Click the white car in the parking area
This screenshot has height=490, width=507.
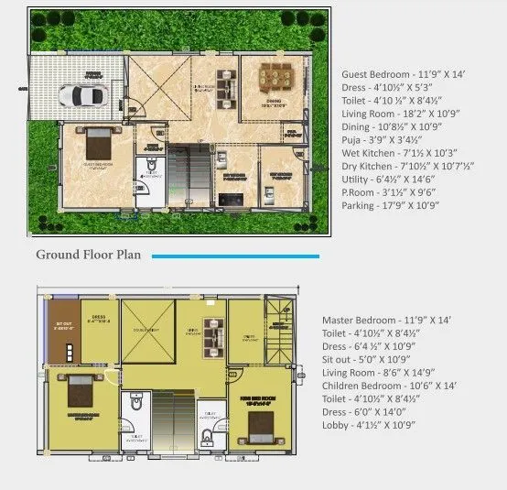(x=80, y=95)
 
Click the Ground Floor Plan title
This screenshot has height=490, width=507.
(x=88, y=255)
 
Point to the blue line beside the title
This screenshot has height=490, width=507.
(x=235, y=256)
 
